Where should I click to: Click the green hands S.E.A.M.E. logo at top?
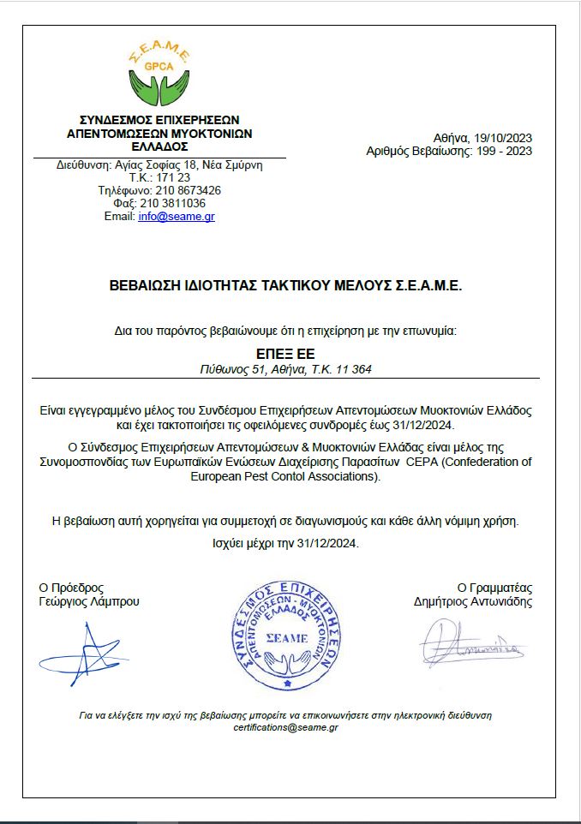pos(159,75)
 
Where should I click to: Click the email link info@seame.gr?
pos(177,217)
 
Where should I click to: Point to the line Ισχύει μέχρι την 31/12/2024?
pos(285,543)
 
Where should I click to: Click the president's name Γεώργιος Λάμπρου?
pos(89,601)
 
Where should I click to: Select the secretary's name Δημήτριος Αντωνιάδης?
pos(472,601)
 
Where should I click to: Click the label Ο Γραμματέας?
pos(494,588)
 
